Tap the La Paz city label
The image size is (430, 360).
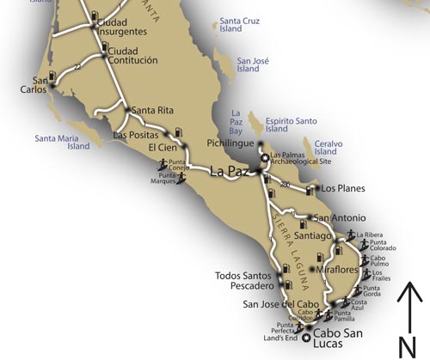(x=230, y=172)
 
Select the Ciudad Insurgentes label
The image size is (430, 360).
(x=122, y=27)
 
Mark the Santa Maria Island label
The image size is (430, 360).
(x=62, y=142)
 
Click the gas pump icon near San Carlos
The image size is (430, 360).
(x=55, y=76)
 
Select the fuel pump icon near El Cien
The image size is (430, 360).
(x=178, y=132)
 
